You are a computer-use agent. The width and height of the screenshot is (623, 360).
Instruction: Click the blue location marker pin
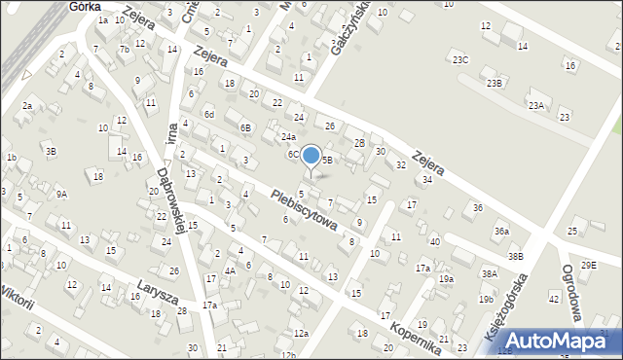pos(311,157)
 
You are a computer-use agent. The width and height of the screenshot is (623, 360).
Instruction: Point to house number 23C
pos(460,60)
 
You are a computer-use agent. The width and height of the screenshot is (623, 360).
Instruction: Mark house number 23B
pos(495,84)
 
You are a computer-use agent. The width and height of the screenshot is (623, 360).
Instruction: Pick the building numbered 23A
pos(535,105)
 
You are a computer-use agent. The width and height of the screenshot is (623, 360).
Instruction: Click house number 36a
pos(501,231)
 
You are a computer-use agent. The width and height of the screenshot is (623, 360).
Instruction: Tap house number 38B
pos(515,256)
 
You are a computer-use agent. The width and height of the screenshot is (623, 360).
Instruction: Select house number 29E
pos(588,265)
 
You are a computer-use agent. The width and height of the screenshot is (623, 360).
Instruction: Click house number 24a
pos(288,137)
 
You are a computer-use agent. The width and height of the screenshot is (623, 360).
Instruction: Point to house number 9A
pos(61,194)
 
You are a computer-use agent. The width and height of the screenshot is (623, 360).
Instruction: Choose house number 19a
pos(446,279)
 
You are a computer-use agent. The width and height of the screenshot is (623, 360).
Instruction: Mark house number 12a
pos(302,334)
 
